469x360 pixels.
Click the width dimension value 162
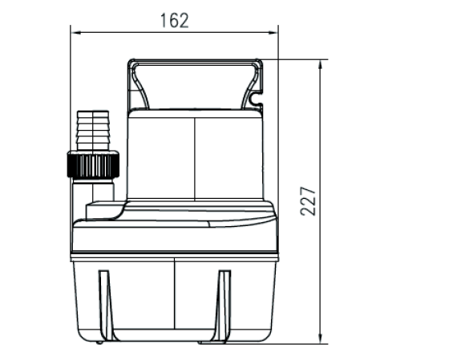click(175, 20)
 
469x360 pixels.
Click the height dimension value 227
click(308, 201)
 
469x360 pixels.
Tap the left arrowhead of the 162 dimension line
click(77, 32)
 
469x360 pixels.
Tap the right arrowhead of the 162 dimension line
click(273, 32)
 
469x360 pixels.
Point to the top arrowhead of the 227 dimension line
click(320, 65)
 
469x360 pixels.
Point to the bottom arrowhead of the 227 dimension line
click(320, 339)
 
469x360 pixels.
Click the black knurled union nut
click(93, 164)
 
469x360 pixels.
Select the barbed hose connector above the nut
click(93, 131)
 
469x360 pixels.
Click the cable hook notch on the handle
click(256, 100)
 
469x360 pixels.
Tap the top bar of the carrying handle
click(195, 63)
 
